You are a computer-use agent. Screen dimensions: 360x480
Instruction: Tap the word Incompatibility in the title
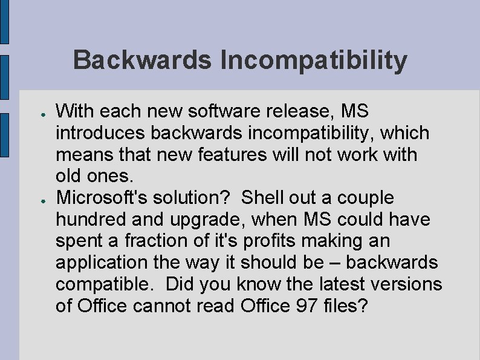pos(314,61)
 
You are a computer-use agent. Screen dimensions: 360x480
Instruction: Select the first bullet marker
pos(37,113)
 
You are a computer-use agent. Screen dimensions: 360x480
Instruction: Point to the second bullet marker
pos(37,199)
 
